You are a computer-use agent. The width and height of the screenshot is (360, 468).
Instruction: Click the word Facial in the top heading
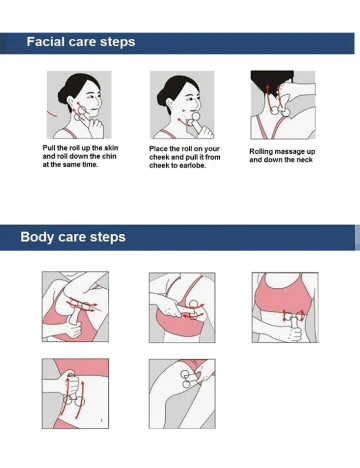[x=46, y=42]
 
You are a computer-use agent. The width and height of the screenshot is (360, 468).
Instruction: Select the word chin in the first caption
[x=109, y=156]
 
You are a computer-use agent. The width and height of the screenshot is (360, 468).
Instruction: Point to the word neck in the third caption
[x=305, y=160]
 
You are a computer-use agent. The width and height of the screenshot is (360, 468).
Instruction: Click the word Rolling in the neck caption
[x=261, y=152]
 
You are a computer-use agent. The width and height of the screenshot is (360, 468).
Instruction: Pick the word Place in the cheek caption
[x=158, y=149]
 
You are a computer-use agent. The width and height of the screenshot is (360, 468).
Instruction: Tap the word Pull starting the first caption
[x=49, y=148]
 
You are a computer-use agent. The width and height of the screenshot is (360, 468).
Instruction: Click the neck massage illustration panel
[x=283, y=105]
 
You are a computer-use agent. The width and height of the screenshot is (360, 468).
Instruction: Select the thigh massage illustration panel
[x=182, y=394]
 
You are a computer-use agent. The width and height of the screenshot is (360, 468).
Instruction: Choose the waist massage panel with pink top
[x=285, y=307]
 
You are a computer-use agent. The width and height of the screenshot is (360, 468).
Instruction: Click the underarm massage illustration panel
[x=75, y=306]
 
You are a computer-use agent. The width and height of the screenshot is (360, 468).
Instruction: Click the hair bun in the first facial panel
[x=62, y=95]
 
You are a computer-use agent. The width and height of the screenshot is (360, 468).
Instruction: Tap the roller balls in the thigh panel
[x=186, y=379]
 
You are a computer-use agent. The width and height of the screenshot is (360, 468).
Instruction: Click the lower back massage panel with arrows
[x=75, y=393]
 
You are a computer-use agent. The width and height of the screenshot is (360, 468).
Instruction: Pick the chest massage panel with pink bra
[x=182, y=307]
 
